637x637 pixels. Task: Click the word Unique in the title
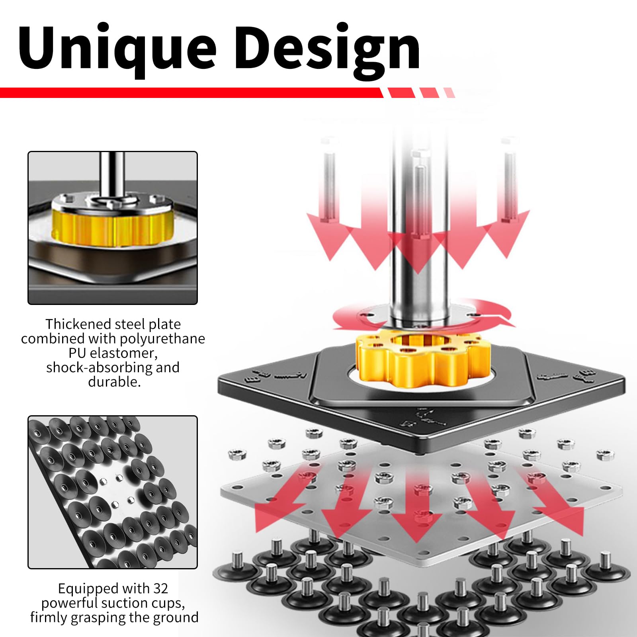click(117, 49)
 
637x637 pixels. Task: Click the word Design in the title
click(327, 49)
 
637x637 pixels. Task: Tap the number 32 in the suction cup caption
click(160, 588)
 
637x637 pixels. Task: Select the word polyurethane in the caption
click(162, 339)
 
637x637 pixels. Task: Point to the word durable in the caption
click(113, 382)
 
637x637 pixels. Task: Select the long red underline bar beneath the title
click(191, 93)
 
